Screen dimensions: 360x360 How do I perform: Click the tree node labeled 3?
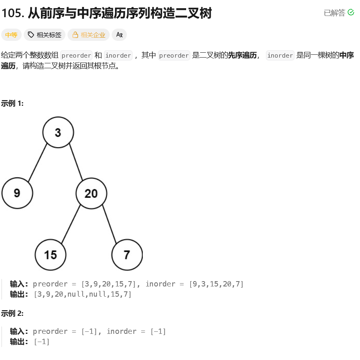[x=58, y=132]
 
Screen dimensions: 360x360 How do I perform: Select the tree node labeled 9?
[x=17, y=193]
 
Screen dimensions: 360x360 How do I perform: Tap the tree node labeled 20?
[x=91, y=193]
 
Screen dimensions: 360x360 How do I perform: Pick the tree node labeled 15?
[x=50, y=255]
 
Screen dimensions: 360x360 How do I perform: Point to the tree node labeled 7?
[x=127, y=255]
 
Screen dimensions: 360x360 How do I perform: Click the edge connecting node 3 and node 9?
[x=38, y=163]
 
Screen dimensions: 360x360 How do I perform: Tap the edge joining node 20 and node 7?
[x=109, y=224]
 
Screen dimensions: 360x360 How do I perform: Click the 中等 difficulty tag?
[x=11, y=35]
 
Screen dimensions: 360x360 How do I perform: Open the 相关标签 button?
[x=45, y=35]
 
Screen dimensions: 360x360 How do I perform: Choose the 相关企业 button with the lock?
[x=89, y=35]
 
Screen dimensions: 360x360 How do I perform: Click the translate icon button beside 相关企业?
[x=119, y=35]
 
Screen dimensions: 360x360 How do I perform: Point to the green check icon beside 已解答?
[x=351, y=13]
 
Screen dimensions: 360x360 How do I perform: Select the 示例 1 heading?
[x=12, y=103]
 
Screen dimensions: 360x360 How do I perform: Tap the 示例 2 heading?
[x=12, y=313]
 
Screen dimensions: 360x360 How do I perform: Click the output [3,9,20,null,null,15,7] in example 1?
[x=83, y=294]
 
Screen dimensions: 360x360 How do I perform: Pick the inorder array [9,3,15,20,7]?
[x=216, y=284]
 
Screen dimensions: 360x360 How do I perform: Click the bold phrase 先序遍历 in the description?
[x=242, y=55]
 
